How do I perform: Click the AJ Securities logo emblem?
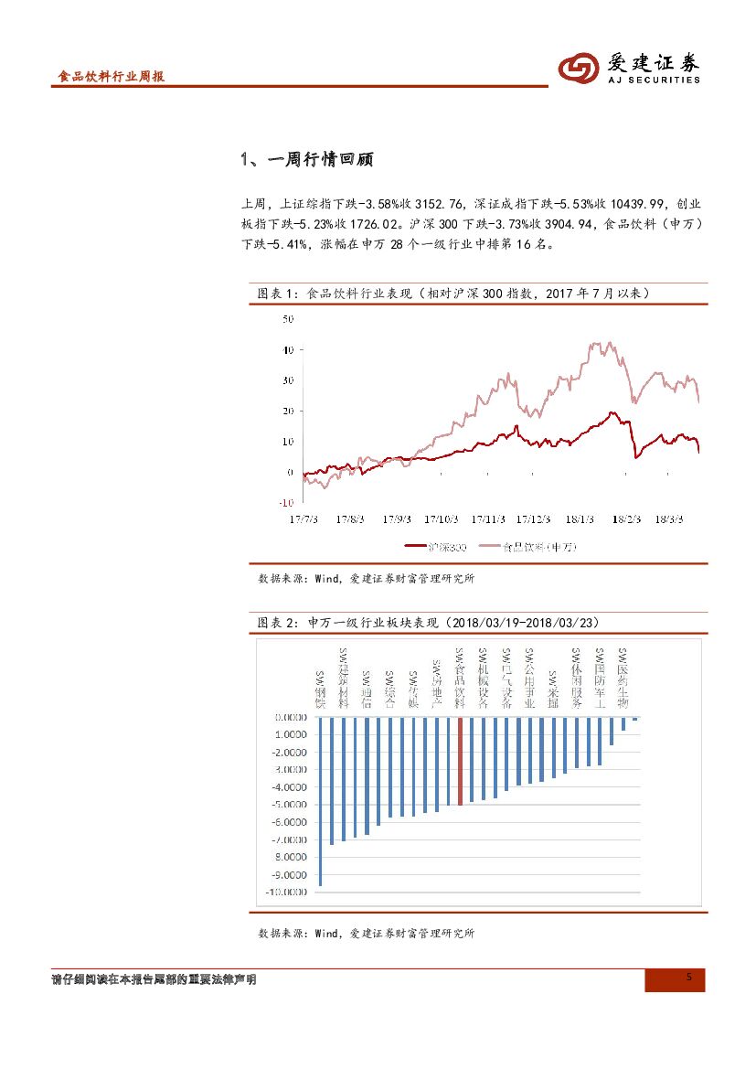click(x=578, y=68)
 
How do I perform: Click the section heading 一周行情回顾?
click(x=307, y=160)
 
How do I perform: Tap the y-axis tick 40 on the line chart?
click(x=288, y=350)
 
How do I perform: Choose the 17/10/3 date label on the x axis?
click(x=441, y=518)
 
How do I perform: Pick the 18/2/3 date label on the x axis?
click(x=625, y=518)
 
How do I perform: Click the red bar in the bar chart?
click(x=461, y=761)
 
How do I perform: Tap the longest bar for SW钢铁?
click(x=320, y=801)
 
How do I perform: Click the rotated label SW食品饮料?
click(x=460, y=679)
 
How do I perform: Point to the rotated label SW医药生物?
click(x=623, y=679)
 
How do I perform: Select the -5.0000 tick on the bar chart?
click(x=289, y=805)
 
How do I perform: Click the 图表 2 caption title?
click(x=428, y=623)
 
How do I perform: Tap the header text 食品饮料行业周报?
click(x=111, y=78)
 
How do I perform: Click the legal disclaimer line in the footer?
click(x=154, y=979)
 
